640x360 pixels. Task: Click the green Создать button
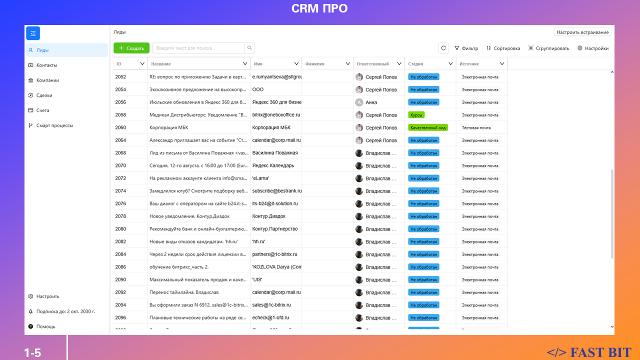pyautogui.click(x=131, y=48)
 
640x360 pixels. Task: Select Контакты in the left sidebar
pyautogui.click(x=46, y=65)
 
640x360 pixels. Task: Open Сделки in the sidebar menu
pyautogui.click(x=44, y=95)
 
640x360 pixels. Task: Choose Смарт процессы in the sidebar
pyautogui.click(x=54, y=125)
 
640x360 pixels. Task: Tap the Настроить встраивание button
pyautogui.click(x=582, y=32)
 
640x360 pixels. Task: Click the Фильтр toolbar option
pyautogui.click(x=466, y=48)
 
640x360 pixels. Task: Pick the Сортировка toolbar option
pyautogui.click(x=503, y=48)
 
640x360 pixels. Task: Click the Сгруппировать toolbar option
pyautogui.click(x=548, y=48)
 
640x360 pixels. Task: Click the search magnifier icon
pyautogui.click(x=249, y=48)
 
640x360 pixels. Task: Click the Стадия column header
pyautogui.click(x=415, y=64)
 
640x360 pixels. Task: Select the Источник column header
pyautogui.click(x=469, y=64)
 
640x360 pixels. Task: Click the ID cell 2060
pyautogui.click(x=120, y=127)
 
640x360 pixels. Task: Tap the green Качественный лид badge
pyautogui.click(x=428, y=127)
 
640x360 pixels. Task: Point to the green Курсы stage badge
pyautogui.click(x=416, y=115)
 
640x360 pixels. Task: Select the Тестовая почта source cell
pyautogui.click(x=476, y=127)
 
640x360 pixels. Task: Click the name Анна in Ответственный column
pyautogui.click(x=371, y=102)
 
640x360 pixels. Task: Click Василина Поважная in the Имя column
pyautogui.click(x=275, y=153)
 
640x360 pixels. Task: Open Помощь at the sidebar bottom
pyautogui.click(x=45, y=326)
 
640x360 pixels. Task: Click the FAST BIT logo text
pyautogui.click(x=589, y=352)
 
